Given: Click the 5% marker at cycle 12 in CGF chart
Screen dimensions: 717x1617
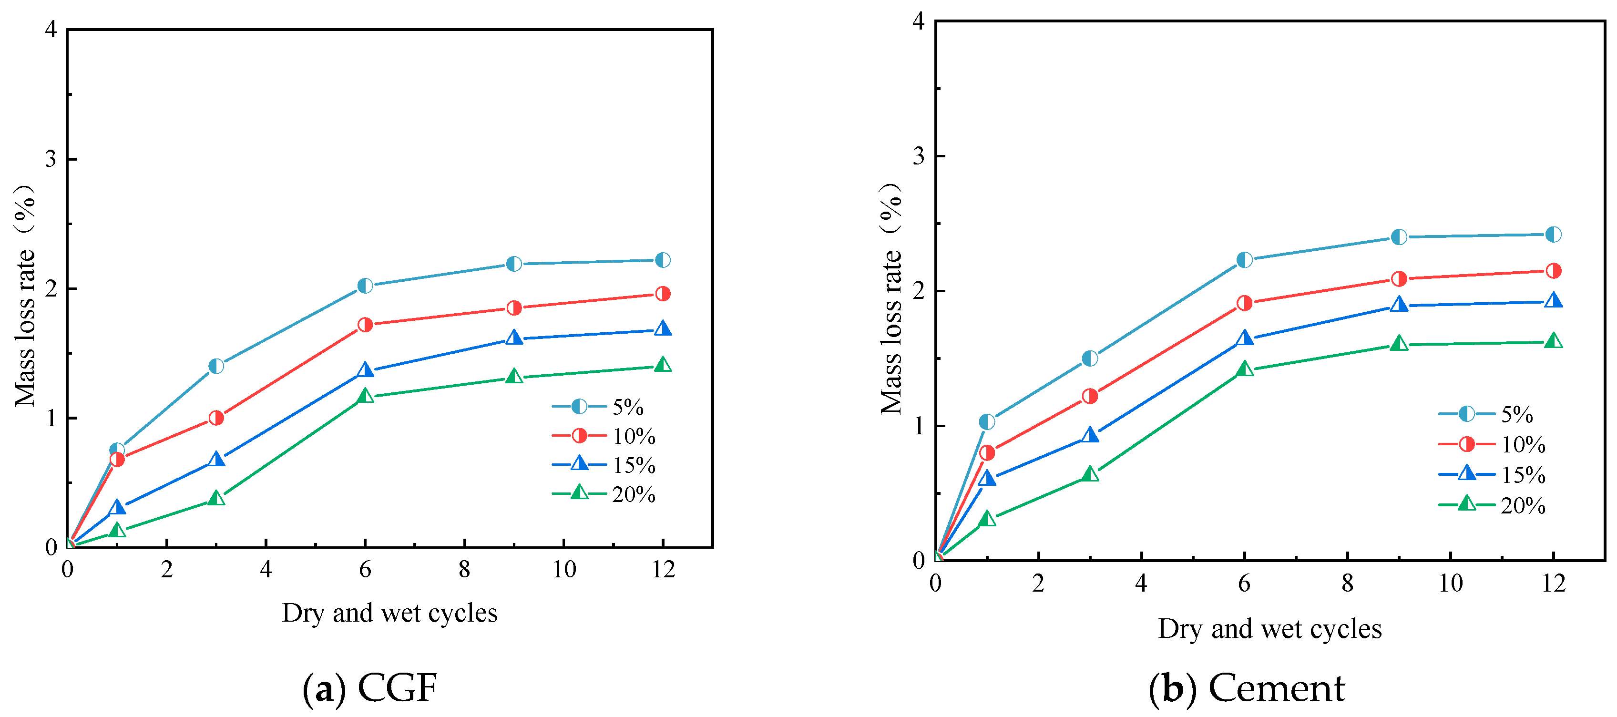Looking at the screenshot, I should coord(662,260).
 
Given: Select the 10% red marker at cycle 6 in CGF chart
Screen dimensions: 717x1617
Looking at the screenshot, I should coord(365,325).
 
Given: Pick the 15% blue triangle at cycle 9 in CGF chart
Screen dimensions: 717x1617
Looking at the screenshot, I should coord(514,338).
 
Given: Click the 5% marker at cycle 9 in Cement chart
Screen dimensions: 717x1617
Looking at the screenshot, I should coord(1399,237).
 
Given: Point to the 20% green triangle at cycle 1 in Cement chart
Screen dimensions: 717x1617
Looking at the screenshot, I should coord(987,519).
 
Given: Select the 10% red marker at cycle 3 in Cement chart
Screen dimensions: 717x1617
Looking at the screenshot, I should coord(1090,396).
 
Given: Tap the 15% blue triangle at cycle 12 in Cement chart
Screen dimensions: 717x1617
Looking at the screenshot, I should coord(1553,301).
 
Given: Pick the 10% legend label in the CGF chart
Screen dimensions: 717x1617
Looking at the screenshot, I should coord(634,436).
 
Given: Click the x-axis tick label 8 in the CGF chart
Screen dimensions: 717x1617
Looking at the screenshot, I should coord(464,570).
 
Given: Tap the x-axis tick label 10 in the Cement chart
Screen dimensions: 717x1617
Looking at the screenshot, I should coord(1450,583).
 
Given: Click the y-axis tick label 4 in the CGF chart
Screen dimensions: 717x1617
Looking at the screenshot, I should coord(51,29).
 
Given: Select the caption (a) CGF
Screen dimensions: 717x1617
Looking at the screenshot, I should coord(370,687).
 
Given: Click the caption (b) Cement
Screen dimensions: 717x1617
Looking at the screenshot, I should coord(1247,687).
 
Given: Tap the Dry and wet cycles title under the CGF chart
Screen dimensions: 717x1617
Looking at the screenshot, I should coord(389,613).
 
